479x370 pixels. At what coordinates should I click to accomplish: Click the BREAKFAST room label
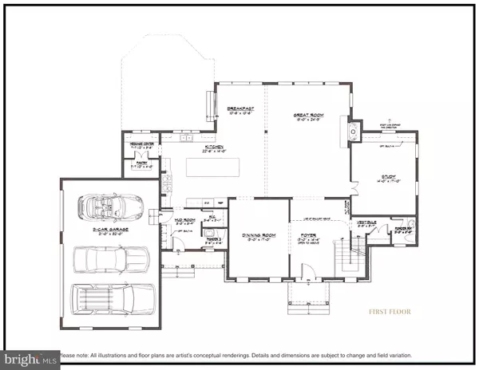click(x=239, y=109)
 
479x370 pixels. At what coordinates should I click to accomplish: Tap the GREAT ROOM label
click(x=307, y=116)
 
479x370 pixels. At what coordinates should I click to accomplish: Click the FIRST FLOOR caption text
click(x=389, y=311)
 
